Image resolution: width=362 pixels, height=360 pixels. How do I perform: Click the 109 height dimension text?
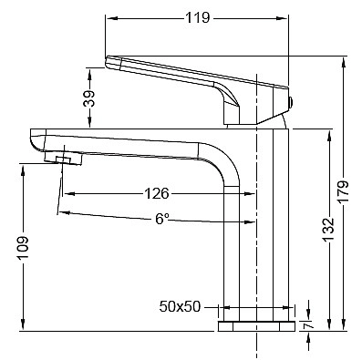pyautogui.click(x=23, y=247)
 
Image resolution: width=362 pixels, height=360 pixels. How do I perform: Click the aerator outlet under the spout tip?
pyautogui.click(x=64, y=160)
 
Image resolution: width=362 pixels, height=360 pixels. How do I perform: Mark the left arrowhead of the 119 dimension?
pyautogui.click(x=109, y=17)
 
